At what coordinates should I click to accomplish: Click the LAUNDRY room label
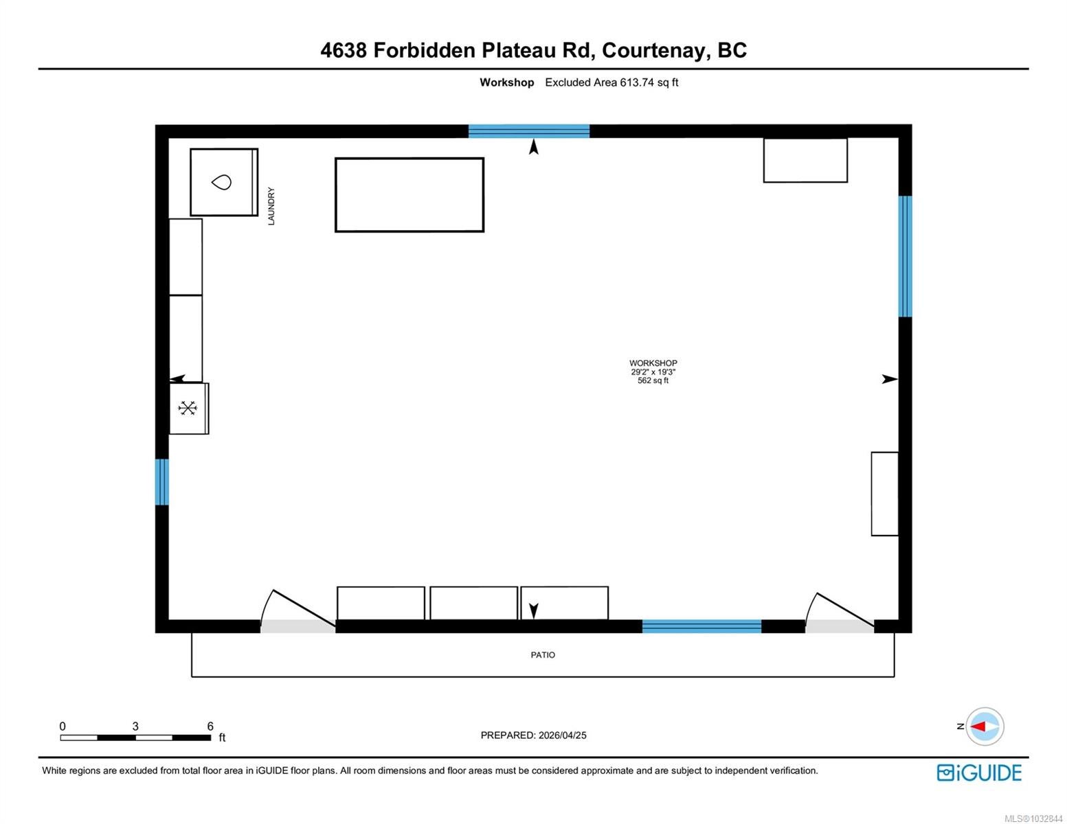[x=271, y=206]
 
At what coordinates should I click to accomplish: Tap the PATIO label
[x=543, y=654]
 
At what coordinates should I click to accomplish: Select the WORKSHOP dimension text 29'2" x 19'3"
[x=653, y=372]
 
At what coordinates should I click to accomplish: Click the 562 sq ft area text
[x=653, y=380]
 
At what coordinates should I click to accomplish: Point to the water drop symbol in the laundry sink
[x=221, y=182]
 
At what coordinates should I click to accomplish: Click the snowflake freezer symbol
[x=188, y=408]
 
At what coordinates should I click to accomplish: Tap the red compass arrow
[x=978, y=726]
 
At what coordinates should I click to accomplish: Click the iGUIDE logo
[x=979, y=772]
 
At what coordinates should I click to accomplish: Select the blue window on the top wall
[x=529, y=131]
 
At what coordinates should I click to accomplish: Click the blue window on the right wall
[x=905, y=256]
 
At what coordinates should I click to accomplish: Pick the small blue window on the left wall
[x=162, y=481]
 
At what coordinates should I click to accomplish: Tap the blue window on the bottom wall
[x=701, y=626]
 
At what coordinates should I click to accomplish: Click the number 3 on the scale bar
[x=135, y=726]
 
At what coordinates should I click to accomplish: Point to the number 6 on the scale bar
[x=210, y=726]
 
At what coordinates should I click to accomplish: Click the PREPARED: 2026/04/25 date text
[x=533, y=735]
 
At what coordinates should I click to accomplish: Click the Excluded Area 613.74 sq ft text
[x=611, y=82]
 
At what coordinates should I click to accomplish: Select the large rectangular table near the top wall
[x=409, y=195]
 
